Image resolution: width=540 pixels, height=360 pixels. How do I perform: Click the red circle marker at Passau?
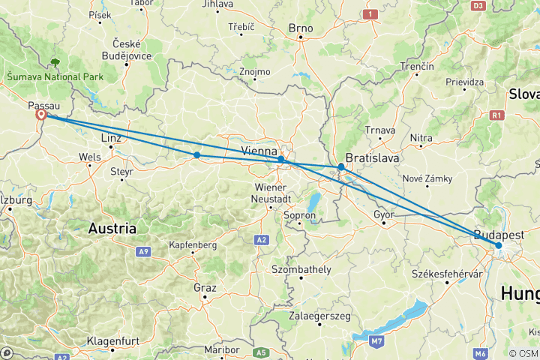(42, 115)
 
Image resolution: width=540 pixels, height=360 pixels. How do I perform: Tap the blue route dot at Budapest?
(498, 245)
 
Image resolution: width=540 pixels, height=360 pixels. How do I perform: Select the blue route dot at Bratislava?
(341, 166)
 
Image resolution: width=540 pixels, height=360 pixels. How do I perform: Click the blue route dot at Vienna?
(280, 159)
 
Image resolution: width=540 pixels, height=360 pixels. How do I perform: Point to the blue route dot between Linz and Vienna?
(196, 155)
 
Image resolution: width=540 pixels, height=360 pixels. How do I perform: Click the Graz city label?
(204, 287)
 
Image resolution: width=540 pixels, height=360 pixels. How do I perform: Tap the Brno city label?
(300, 28)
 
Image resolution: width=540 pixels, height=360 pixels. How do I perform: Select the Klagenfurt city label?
(110, 340)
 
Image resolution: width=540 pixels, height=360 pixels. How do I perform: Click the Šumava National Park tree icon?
(55, 64)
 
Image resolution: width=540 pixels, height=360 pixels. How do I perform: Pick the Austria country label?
(112, 228)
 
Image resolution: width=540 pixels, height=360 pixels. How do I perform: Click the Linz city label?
(109, 139)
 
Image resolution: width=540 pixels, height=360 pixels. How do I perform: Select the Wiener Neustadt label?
(274, 193)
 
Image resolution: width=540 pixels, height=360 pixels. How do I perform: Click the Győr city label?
(383, 214)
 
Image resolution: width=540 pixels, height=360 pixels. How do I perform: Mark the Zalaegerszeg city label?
(320, 316)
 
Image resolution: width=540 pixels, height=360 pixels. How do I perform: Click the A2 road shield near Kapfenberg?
(261, 239)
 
